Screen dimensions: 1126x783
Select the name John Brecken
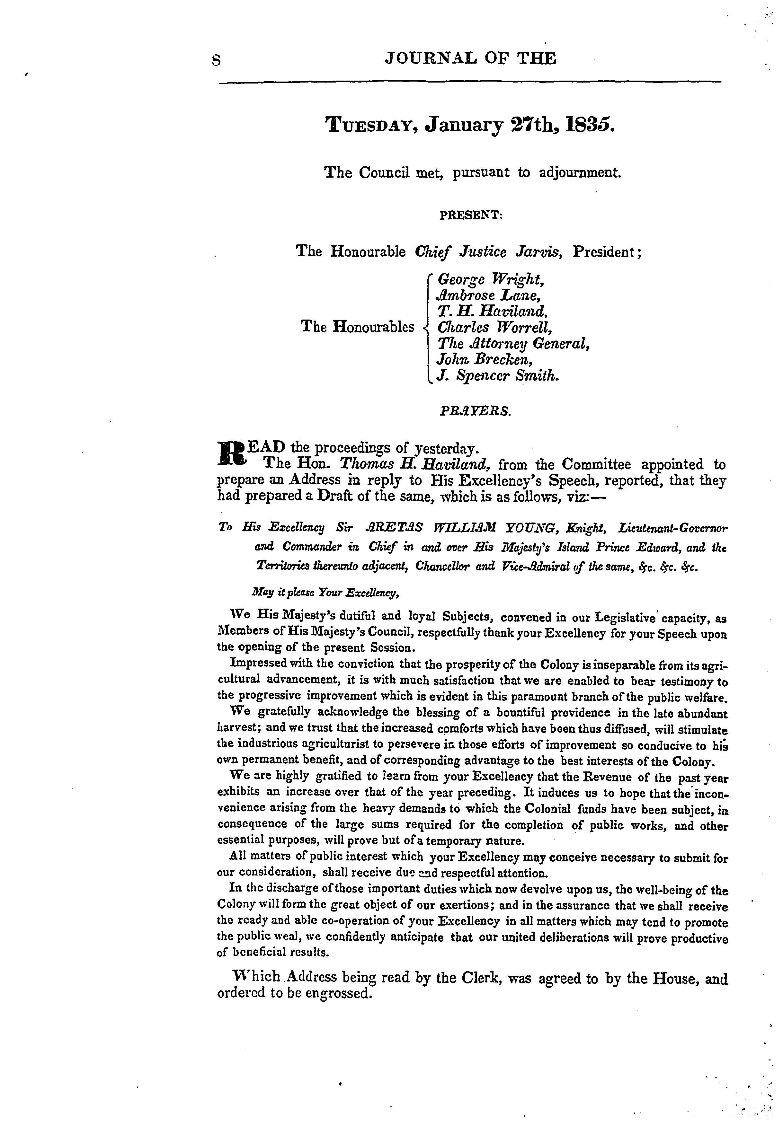(x=484, y=359)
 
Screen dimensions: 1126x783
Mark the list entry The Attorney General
(x=513, y=343)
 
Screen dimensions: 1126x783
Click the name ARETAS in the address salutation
(x=389, y=529)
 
